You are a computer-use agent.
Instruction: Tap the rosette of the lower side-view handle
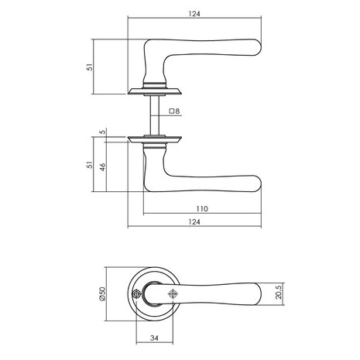pyautogui.click(x=157, y=140)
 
